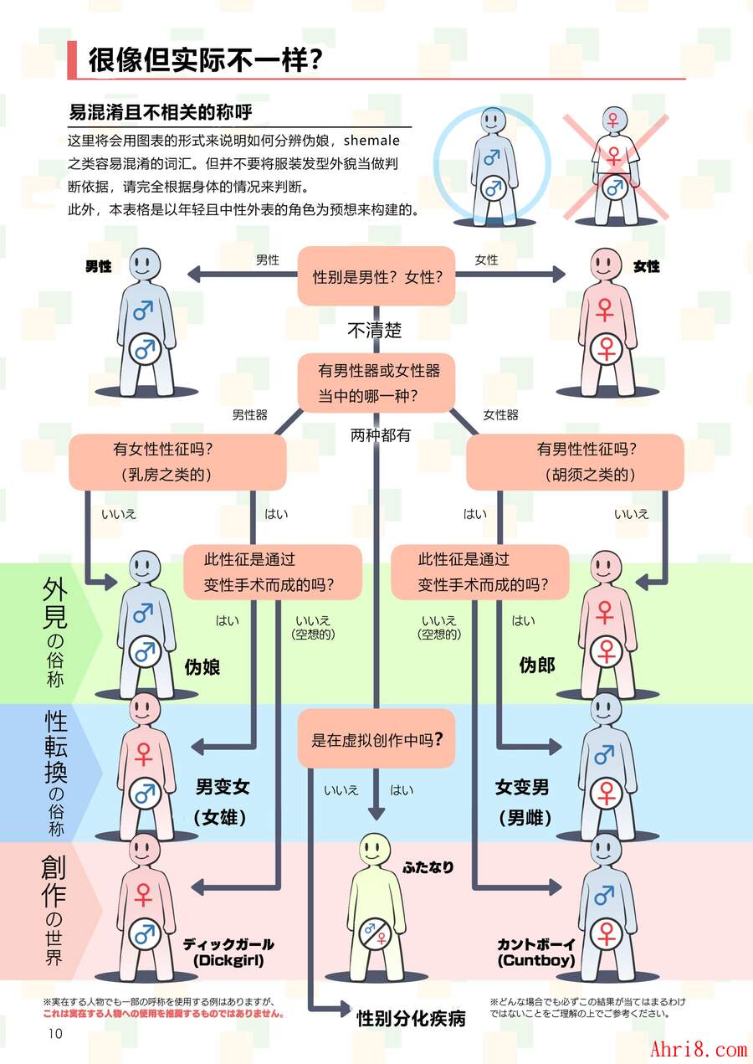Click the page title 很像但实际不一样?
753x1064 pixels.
[206, 59]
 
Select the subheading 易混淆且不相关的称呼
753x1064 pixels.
[160, 112]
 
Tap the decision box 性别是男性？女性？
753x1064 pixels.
[376, 276]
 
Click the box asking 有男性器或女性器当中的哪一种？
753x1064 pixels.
[376, 383]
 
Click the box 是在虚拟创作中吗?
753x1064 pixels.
[376, 739]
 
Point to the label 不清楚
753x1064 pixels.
[374, 331]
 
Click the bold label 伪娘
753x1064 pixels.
[202, 667]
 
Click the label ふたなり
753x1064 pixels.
[428, 867]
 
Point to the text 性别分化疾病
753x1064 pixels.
[411, 1018]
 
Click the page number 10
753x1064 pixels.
[55, 1033]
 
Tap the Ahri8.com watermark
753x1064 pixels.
[698, 1048]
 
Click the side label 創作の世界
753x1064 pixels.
[52, 912]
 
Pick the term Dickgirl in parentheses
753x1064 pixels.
[228, 961]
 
